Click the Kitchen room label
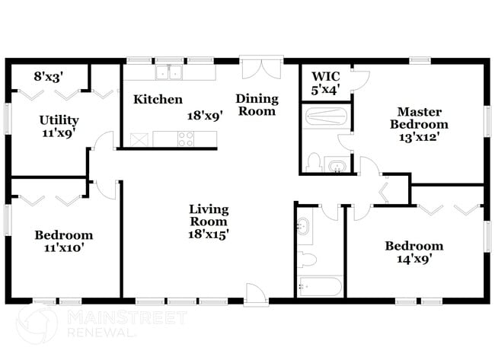pos(158,100)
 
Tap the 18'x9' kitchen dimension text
pos(203,116)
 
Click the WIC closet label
pos(324,77)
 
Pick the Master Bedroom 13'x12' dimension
pos(419,138)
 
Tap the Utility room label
pos(59,120)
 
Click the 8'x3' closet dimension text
pos(49,76)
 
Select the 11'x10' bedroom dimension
pos(64,247)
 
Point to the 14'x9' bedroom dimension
pos(414,259)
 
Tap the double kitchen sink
pos(168,73)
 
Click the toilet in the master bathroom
pos(312,161)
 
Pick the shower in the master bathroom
pos(325,117)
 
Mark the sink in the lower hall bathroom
pos(304,226)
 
